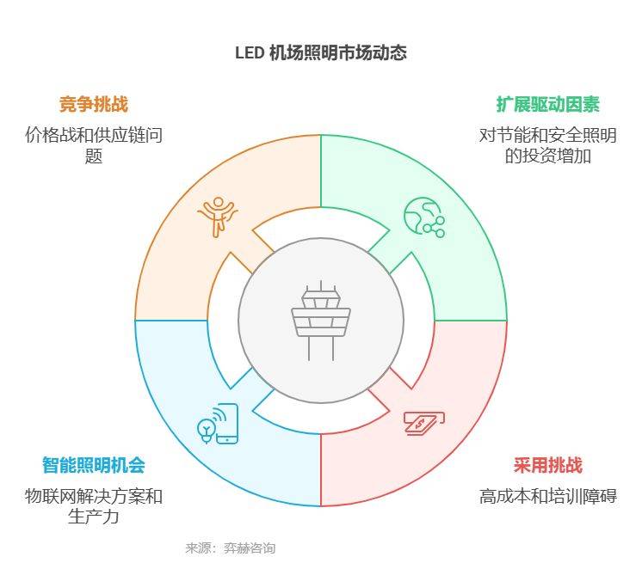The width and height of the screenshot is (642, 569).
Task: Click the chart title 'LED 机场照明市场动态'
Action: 321,53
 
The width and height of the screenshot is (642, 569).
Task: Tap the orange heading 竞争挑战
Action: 93,104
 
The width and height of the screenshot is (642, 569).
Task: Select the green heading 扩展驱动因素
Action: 548,104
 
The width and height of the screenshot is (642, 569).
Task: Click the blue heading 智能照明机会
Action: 93,465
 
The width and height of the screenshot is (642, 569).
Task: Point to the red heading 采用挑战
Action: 548,465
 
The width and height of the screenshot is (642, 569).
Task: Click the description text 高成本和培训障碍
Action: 548,496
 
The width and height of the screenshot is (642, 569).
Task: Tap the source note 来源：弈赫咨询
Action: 230,548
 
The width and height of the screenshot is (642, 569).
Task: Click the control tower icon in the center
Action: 321,321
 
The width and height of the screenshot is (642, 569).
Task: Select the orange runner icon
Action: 218,217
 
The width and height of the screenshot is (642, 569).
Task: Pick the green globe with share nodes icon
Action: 424,217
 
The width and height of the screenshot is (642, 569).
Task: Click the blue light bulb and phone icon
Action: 218,424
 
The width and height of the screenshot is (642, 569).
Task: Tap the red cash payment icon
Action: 424,424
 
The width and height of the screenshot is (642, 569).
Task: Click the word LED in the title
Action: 250,53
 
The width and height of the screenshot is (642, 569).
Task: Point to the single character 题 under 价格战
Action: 93,156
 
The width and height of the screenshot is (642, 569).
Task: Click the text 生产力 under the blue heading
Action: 93,517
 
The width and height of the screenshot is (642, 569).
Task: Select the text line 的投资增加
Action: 548,156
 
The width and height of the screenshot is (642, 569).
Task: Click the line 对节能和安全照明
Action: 548,135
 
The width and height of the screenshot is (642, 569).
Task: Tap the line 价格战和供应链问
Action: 93,135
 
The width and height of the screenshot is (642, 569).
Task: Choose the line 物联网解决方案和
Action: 93,496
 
